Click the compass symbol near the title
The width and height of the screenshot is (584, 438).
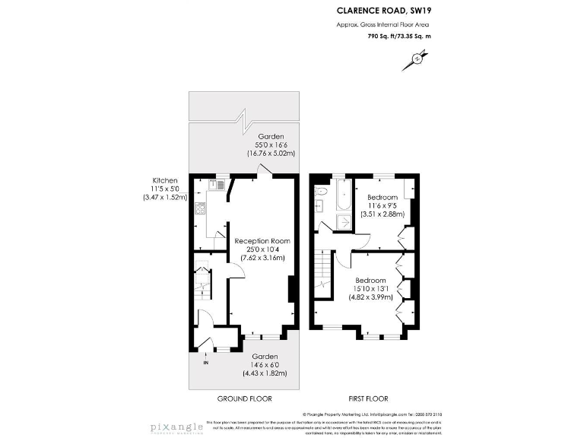click(x=417, y=57)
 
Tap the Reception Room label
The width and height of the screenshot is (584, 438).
click(x=262, y=241)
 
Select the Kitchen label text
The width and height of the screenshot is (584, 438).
click(x=165, y=180)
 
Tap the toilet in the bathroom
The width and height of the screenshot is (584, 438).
click(x=321, y=191)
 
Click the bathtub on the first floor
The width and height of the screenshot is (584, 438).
click(x=340, y=196)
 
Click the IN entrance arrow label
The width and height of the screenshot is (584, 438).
click(x=205, y=362)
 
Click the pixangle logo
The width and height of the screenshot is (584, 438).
click(x=176, y=421)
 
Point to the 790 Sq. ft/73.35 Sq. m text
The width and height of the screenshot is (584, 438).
click(x=399, y=36)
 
